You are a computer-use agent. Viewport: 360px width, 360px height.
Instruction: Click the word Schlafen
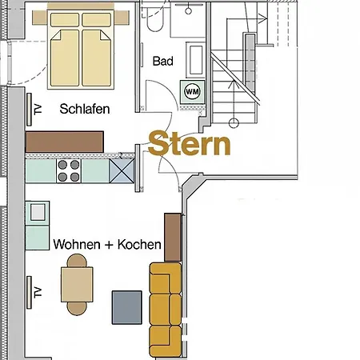[x=84, y=109]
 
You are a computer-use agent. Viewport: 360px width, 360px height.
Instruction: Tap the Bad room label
[x=163, y=61]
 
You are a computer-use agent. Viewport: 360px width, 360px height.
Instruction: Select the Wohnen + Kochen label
[x=107, y=244]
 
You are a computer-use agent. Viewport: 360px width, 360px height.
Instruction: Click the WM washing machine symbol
[x=193, y=91]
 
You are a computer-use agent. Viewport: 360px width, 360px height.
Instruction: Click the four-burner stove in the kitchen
[x=68, y=170]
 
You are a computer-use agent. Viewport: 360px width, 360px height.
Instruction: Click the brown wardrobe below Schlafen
[x=66, y=142]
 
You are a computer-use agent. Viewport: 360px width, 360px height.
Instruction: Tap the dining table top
[x=77, y=283]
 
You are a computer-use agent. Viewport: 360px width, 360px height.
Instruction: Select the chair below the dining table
[x=77, y=307]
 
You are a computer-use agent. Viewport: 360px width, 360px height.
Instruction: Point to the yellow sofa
[x=165, y=309]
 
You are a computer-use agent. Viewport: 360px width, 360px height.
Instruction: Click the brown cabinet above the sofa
[x=172, y=237]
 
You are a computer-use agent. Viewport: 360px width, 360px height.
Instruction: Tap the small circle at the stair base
[x=234, y=122]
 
